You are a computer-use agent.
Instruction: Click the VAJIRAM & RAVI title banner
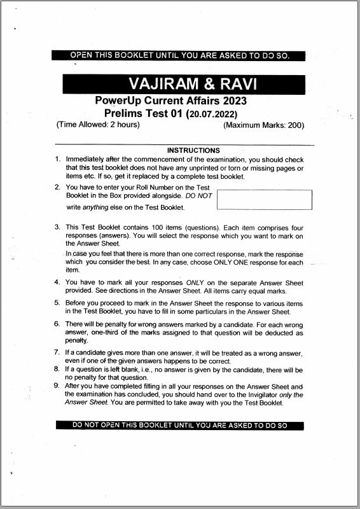[183, 83]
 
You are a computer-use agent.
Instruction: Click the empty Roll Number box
[265, 199]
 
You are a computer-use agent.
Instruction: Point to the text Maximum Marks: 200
[264, 125]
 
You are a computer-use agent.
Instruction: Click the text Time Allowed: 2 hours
[99, 125]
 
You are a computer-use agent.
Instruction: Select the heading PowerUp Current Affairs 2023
[170, 101]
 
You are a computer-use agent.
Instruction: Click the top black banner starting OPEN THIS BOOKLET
[179, 55]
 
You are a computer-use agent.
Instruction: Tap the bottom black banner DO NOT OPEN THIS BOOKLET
[179, 425]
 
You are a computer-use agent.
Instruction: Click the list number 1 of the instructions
[57, 159]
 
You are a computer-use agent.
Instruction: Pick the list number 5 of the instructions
[57, 303]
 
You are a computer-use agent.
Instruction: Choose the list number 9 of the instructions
[57, 386]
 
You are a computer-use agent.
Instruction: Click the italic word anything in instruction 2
[96, 207]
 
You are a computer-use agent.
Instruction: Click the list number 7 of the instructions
[57, 352]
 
